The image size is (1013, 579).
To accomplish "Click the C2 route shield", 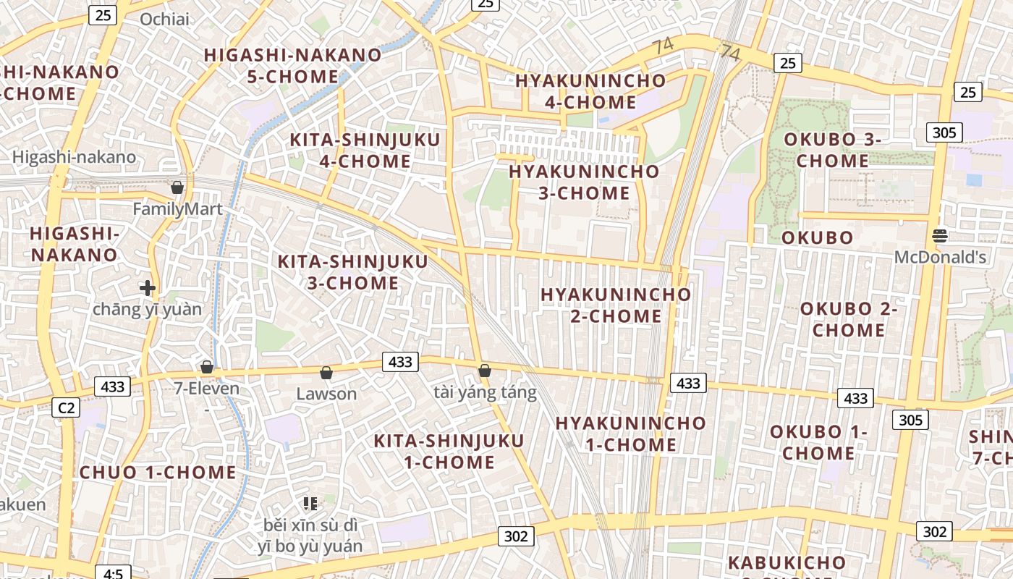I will tap(66, 408).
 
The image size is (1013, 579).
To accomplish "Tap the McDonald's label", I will tap(940, 257).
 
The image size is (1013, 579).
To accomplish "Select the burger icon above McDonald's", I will tap(940, 235).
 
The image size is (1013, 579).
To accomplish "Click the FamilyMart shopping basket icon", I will tap(177, 188).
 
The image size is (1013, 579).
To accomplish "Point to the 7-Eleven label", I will tap(206, 389).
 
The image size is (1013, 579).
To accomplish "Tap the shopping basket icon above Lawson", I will tap(326, 373).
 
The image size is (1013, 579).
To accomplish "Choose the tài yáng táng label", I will tap(485, 392).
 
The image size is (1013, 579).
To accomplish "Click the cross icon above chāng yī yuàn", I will tap(148, 288).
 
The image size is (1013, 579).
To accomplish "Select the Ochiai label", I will tap(164, 20).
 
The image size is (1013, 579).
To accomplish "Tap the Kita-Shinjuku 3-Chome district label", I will tap(353, 272).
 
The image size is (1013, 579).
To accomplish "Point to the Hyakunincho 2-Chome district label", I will tap(616, 305).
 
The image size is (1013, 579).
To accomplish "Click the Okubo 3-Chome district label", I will tap(832, 150).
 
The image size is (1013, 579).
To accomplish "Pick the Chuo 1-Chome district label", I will tap(158, 473).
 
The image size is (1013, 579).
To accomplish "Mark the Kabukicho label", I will tap(787, 562).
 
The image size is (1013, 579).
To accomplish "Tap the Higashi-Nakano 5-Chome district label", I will tap(292, 65).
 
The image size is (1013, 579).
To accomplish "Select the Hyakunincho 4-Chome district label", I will tap(590, 91).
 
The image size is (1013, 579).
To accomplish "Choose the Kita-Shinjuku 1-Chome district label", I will tap(449, 451).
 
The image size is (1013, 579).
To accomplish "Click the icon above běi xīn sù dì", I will tap(310, 503).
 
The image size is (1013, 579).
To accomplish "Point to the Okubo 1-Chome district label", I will tap(818, 442).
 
